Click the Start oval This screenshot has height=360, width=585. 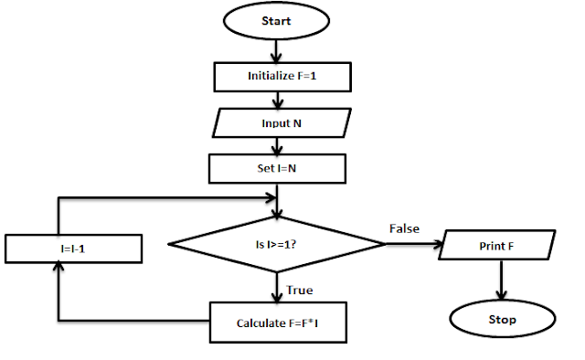[278, 21]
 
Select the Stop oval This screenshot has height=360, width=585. [501, 319]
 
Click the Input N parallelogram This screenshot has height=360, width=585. [277, 122]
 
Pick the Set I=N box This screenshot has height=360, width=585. [277, 168]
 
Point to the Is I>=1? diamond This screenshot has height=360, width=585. [278, 244]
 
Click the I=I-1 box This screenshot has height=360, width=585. [73, 249]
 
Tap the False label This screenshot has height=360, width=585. [404, 228]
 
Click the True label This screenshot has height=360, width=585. [300, 290]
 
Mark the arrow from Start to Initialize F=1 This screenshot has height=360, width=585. [278, 50]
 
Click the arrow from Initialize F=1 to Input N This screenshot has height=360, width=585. [278, 100]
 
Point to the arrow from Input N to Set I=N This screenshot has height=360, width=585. [278, 145]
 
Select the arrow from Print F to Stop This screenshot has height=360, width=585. [501, 279]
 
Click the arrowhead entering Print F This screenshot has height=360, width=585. [437, 244]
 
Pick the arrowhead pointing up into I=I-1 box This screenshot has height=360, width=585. [60, 268]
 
